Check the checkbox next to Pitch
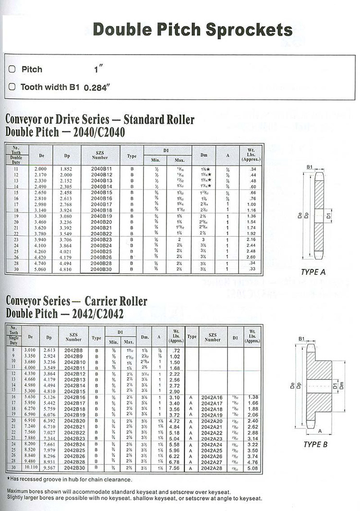click(12, 69)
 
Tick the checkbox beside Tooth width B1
click(12, 87)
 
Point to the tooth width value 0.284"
click(97, 88)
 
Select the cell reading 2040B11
click(101, 169)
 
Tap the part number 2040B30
click(101, 269)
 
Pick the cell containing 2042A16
click(212, 397)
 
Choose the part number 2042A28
click(212, 468)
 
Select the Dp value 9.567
click(49, 468)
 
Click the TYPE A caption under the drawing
click(313, 272)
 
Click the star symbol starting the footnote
click(8, 479)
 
